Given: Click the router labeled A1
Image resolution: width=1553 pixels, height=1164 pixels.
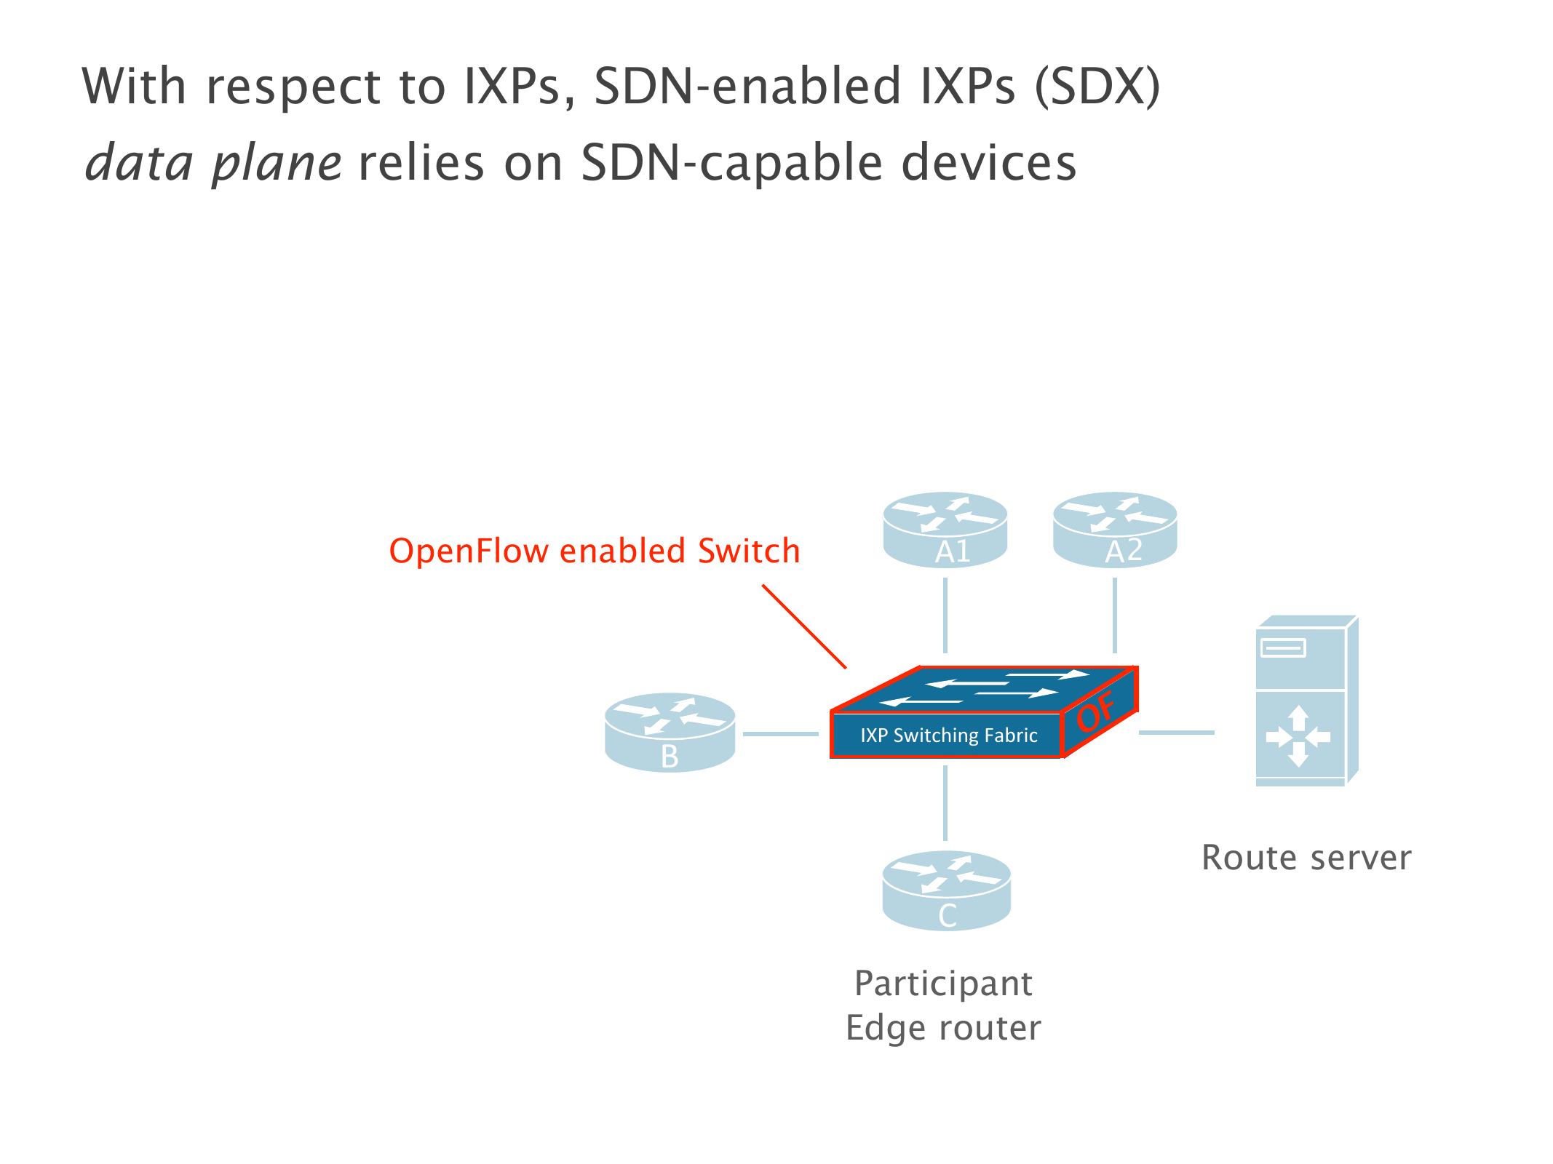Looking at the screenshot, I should point(945,530).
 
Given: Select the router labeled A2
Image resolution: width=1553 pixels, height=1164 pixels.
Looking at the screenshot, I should point(1115,530).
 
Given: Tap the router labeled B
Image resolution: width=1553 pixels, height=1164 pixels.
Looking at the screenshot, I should point(670,732).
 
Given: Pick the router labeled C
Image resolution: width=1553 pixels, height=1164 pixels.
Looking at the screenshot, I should point(946,890).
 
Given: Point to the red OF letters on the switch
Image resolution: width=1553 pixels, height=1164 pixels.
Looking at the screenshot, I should point(1096,711).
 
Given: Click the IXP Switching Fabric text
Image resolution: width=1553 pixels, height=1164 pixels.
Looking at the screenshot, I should point(948,736).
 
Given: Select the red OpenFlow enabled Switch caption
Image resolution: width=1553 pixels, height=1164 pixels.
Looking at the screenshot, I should point(594,551).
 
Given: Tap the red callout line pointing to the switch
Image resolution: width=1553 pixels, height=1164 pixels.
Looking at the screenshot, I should point(804,626).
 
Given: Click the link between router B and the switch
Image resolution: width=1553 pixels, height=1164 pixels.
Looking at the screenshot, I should point(780,733).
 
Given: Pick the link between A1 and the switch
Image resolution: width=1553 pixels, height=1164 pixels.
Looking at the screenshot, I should point(945,615).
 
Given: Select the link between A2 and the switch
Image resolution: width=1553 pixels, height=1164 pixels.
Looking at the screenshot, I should point(1115,615).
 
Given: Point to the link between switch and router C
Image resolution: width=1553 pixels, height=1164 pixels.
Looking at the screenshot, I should point(945,803).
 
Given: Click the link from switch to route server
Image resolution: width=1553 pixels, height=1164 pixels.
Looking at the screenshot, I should point(1176,732).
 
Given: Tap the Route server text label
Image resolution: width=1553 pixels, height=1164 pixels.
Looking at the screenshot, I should point(1306,858).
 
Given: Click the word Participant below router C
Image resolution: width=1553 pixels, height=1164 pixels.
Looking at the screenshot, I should point(943,984).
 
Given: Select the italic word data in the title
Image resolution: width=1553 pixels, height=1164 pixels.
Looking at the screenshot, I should point(139,162).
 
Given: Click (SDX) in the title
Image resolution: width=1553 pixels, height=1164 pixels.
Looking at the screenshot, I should point(1097,86).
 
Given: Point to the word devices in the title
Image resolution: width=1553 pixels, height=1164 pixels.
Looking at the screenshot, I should point(988,162).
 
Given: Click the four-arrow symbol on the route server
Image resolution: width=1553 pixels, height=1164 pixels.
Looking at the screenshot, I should point(1298,736).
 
